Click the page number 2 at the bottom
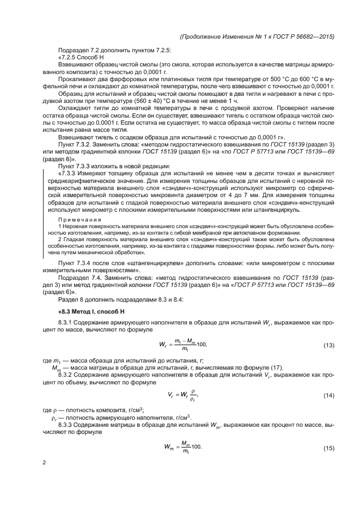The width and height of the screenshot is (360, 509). (x=45, y=463)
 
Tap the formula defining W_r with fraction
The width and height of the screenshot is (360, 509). (x=182, y=345)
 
